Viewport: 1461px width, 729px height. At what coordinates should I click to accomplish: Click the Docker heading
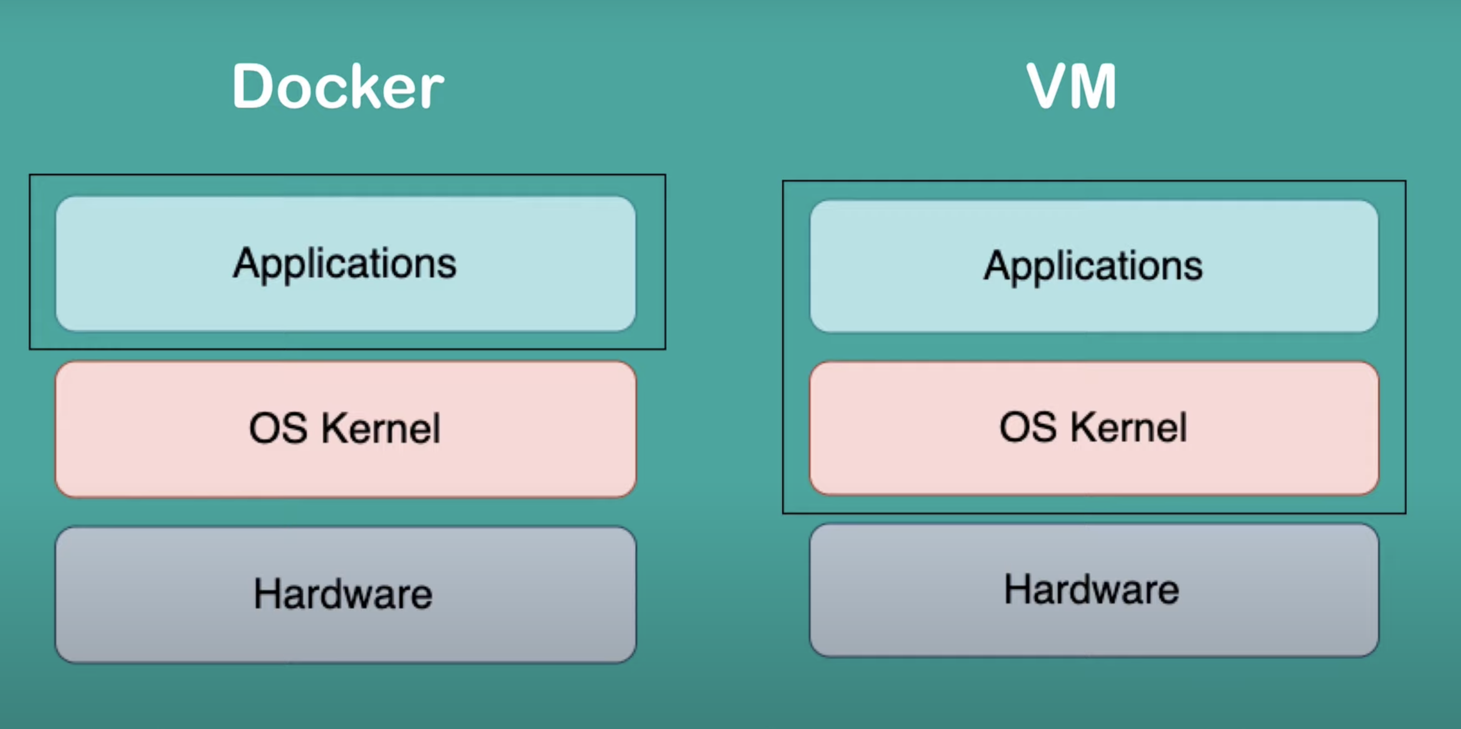tap(338, 87)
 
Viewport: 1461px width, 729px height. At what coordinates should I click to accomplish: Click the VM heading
tap(1072, 87)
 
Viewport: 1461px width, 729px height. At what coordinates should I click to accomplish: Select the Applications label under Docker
tap(345, 263)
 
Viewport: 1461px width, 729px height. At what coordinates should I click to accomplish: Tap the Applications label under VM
tap(1093, 265)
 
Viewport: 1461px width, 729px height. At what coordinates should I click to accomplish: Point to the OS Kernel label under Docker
tap(345, 428)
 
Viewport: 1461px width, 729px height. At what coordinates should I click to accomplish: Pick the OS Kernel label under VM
tap(1093, 427)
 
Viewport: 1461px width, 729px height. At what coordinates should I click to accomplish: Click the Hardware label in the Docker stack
tap(343, 594)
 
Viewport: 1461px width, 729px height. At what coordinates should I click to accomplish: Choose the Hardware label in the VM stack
tap(1092, 589)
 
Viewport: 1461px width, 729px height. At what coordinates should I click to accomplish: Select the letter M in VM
tap(1094, 87)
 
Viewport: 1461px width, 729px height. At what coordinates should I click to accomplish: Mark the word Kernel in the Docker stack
tap(381, 428)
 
